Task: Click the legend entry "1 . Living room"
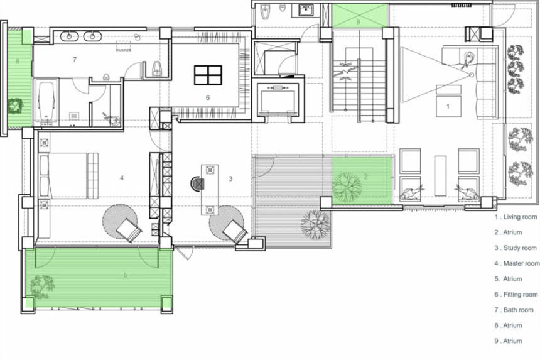click(x=516, y=217)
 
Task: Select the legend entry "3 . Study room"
click(x=516, y=248)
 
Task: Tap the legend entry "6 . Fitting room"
click(x=516, y=295)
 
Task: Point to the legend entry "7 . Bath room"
click(x=514, y=310)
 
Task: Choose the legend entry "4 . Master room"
click(x=517, y=263)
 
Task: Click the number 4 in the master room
click(x=122, y=178)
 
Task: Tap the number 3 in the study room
click(x=230, y=178)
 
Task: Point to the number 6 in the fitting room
click(x=208, y=97)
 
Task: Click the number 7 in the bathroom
click(x=75, y=60)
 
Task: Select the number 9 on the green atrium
click(x=358, y=22)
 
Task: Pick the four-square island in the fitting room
click(x=208, y=75)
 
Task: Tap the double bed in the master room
click(x=69, y=176)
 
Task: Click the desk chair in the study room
click(x=198, y=183)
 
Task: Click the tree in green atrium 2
click(x=347, y=187)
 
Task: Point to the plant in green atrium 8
click(x=15, y=106)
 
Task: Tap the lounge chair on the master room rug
click(x=128, y=230)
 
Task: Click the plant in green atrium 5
click(x=42, y=286)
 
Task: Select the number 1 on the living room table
click(x=448, y=106)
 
